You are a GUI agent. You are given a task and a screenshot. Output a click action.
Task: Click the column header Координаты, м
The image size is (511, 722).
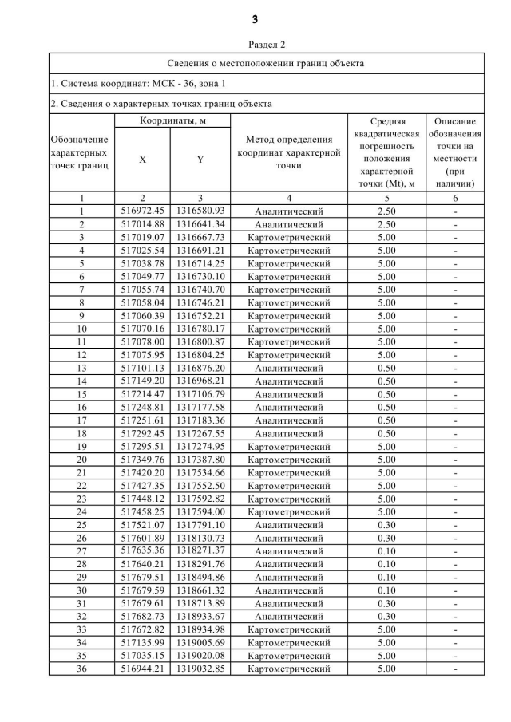point(173,120)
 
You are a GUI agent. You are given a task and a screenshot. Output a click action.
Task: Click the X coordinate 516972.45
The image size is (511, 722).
point(142,211)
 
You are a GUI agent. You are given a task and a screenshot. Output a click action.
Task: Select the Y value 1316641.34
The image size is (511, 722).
point(200,224)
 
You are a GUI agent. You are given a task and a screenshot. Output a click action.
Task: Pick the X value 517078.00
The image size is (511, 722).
point(142,342)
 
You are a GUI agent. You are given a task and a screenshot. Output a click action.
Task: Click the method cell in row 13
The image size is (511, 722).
point(288,369)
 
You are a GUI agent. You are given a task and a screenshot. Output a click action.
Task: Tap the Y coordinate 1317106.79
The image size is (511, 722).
point(200,394)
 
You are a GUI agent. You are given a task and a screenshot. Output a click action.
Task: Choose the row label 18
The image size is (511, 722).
point(81,433)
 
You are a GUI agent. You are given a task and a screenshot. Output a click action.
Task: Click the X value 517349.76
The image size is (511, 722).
point(142,460)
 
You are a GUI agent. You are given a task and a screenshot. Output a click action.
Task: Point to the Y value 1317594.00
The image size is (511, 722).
point(200,512)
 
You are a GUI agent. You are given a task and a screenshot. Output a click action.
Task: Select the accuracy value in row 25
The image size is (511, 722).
point(386,525)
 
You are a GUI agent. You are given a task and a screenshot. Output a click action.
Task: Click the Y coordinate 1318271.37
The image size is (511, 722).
point(200,551)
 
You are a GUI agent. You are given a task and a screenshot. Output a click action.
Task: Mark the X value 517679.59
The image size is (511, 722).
point(142,590)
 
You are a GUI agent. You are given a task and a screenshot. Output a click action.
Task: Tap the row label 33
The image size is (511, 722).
point(81,629)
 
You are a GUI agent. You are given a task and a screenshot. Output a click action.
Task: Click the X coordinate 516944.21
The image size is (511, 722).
point(142,669)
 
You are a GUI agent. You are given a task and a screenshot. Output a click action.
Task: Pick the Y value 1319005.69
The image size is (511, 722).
point(200,642)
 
